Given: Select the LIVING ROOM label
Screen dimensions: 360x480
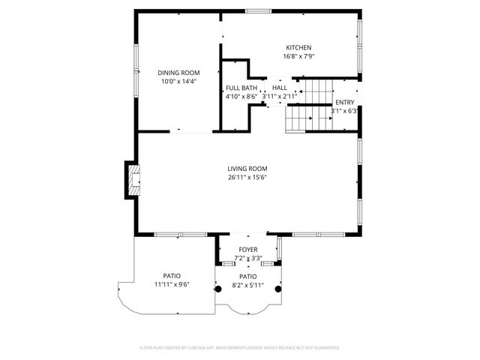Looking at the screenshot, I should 247,169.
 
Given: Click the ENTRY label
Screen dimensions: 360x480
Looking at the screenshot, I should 345,103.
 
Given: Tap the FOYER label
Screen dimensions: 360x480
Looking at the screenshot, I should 247,250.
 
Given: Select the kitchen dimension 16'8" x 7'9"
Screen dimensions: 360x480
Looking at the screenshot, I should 298,56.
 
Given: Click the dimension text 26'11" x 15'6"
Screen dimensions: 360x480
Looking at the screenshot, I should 247,178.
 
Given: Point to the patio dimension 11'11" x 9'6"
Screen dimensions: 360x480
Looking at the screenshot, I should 172,284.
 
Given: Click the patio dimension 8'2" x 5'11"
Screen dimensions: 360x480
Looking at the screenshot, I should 247,285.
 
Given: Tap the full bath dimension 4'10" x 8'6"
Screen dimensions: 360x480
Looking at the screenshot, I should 241,97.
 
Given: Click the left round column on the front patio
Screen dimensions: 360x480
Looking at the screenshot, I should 218,289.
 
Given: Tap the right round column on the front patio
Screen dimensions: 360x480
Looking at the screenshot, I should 278,289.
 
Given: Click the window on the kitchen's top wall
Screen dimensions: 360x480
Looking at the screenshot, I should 259,11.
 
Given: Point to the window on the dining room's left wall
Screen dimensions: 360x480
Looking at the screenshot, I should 136,61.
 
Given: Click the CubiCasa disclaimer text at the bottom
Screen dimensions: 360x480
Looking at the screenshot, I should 240,348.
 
